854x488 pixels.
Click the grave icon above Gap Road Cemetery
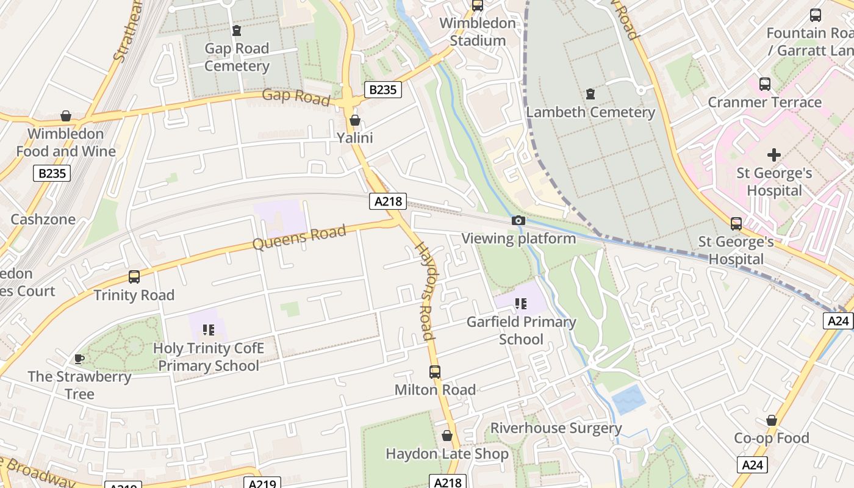237,30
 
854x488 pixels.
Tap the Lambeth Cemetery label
590,112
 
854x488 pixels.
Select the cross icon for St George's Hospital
774,155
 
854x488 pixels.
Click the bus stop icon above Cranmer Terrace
764,84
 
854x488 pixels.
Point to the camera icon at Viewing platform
518,220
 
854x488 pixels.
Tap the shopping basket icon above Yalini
354,120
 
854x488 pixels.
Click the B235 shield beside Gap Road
383,90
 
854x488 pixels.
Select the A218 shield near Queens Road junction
387,201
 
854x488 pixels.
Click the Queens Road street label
299,237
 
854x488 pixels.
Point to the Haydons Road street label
425,290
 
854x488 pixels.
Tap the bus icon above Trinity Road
134,277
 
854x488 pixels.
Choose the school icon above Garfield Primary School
520,303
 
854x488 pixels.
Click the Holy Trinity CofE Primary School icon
209,330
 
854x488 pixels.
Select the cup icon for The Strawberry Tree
79,359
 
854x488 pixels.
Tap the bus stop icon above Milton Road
434,371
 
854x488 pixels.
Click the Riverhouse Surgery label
556,428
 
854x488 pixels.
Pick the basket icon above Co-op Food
771,420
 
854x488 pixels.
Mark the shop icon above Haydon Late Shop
447,436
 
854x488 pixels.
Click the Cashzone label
43,219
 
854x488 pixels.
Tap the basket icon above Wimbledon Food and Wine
66,116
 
